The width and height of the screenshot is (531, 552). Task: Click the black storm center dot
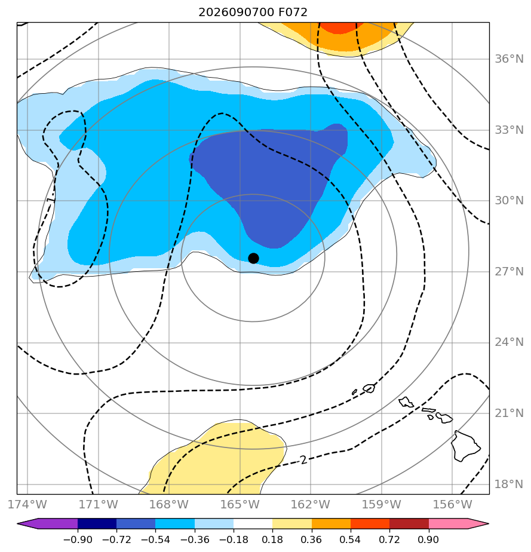(x=253, y=259)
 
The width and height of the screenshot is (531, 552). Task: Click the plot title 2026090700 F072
(x=253, y=13)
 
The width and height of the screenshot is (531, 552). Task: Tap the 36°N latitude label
(x=509, y=59)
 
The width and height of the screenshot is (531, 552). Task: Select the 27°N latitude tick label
(x=509, y=272)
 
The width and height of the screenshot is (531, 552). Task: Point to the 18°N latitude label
(x=509, y=484)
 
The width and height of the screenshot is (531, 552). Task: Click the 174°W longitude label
(x=27, y=504)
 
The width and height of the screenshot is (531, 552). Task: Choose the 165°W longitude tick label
(x=240, y=504)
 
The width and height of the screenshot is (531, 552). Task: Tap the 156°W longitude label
(x=453, y=504)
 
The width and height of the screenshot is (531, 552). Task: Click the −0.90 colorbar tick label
(x=78, y=539)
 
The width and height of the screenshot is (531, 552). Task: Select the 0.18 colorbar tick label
(x=272, y=539)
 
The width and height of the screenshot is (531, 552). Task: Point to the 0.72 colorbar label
(x=389, y=539)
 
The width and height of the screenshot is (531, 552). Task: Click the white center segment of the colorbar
(x=253, y=523)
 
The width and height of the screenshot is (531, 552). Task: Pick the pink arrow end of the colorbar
(x=477, y=523)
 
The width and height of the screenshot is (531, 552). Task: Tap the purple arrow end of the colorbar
(x=29, y=523)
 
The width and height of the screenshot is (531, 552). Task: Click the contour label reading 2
(x=303, y=460)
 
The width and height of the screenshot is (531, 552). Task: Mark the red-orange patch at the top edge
(x=338, y=27)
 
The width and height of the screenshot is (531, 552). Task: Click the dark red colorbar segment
(x=409, y=523)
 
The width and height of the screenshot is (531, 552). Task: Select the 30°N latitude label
(x=509, y=200)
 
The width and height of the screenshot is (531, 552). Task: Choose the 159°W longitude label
(x=382, y=504)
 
